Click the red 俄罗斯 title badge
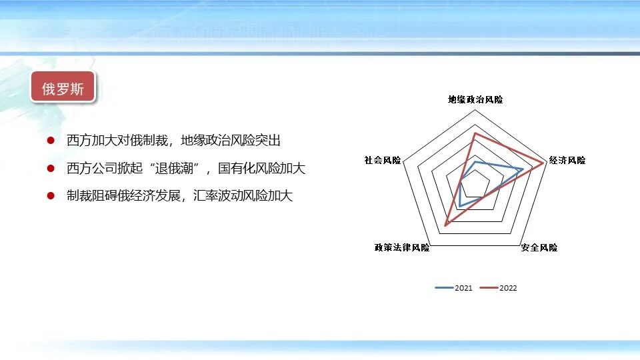point(63,88)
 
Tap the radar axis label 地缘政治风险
point(475,99)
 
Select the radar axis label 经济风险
point(567,160)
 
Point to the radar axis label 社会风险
point(383,160)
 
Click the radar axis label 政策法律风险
point(402,247)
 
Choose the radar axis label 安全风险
point(539,247)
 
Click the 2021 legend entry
point(454,288)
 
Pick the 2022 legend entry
point(499,288)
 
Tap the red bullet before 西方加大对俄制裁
point(51,141)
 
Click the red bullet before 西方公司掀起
point(51,169)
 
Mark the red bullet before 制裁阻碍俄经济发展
point(51,196)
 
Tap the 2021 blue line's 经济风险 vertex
point(521,169)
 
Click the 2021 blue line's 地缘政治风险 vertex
point(475,162)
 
